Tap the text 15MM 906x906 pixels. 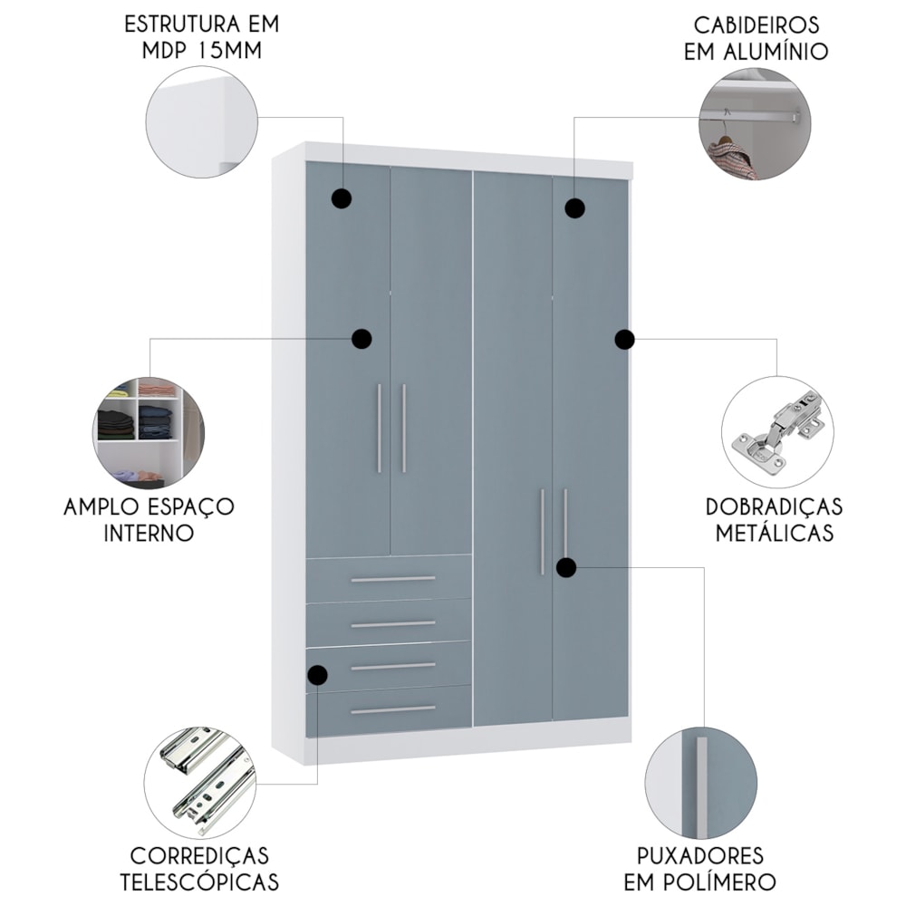[229, 51]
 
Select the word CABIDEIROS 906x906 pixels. [757, 25]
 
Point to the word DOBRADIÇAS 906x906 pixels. [775, 506]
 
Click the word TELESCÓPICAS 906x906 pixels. [199, 882]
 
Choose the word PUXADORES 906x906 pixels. [699, 856]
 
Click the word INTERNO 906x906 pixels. [149, 533]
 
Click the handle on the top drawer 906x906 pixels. [393, 579]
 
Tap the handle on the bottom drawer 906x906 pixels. [393, 709]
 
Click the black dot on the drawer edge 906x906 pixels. [317, 675]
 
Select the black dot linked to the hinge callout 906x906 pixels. [624, 340]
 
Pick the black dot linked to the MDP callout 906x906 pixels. [342, 198]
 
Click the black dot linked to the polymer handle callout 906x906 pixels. [566, 568]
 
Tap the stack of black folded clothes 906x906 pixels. [116, 423]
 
